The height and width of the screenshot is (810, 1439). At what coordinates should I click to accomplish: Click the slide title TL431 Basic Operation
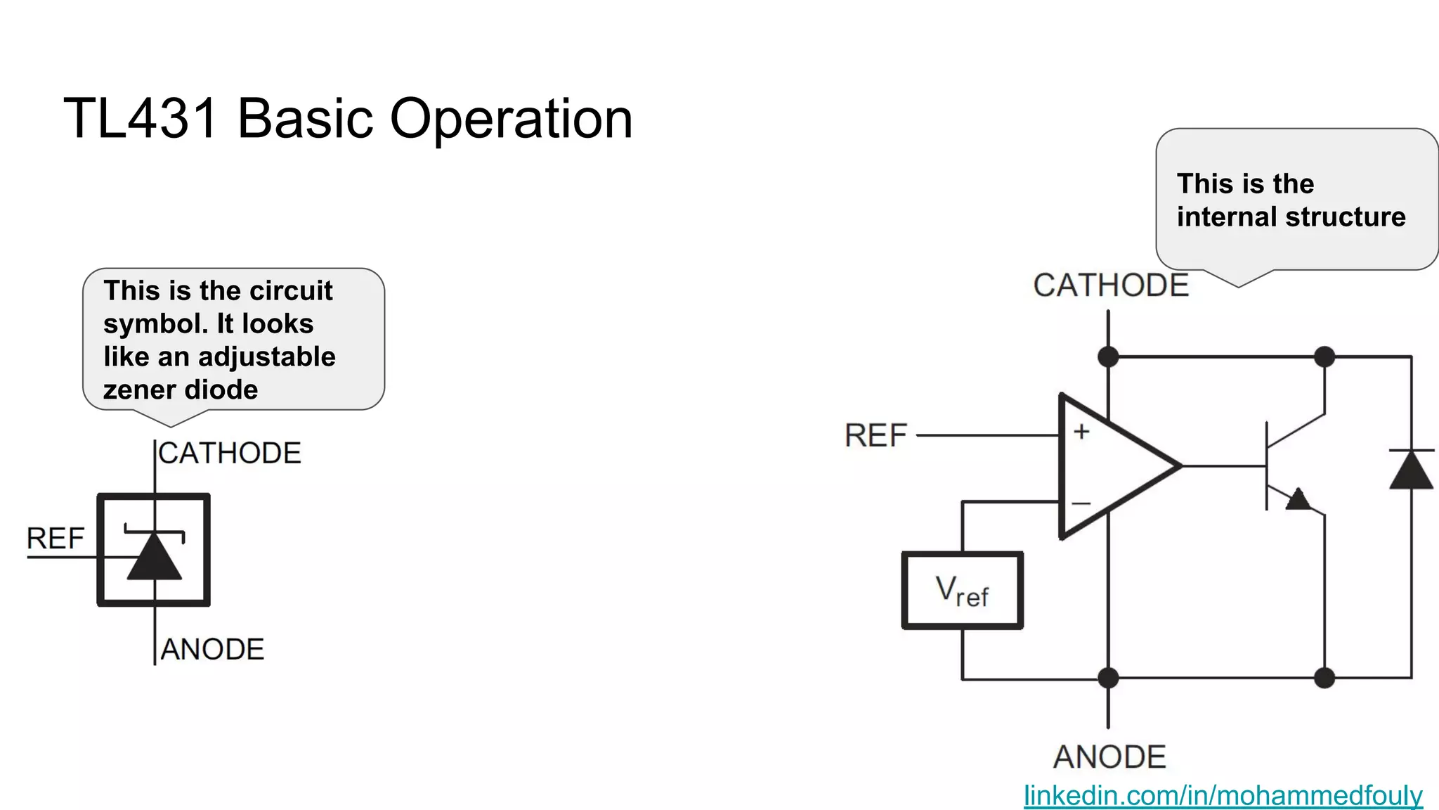tap(349, 118)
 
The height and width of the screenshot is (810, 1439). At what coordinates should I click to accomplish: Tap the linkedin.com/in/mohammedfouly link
tap(1223, 795)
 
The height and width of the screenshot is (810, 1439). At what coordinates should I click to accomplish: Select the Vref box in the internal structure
tap(962, 591)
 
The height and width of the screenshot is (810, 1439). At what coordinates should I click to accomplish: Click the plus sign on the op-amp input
tap(1081, 431)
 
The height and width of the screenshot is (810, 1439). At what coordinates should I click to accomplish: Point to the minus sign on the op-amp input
tap(1081, 503)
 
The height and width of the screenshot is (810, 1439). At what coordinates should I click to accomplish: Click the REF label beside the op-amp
tap(875, 436)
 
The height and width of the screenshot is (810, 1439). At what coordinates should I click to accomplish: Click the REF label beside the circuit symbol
tap(55, 539)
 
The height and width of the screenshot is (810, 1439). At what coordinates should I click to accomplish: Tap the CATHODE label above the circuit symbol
tap(230, 454)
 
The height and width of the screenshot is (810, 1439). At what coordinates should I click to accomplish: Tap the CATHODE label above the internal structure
tap(1110, 285)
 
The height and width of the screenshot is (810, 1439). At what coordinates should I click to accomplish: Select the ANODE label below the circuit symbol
tap(212, 650)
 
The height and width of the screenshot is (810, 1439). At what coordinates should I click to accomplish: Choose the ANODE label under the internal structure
tap(1109, 757)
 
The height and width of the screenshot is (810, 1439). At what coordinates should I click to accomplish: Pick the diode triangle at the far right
tap(1411, 471)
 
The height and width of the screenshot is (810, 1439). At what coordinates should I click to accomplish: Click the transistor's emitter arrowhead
tap(1298, 499)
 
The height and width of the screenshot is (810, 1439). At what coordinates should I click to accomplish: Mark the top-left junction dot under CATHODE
tap(1108, 356)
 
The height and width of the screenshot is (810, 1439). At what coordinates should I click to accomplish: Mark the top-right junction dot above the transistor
tap(1324, 356)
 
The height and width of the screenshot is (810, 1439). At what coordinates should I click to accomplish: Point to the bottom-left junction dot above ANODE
tap(1108, 678)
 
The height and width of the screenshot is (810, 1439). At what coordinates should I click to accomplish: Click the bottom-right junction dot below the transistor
tap(1324, 678)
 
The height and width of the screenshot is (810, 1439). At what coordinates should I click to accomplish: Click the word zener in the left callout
tap(136, 390)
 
